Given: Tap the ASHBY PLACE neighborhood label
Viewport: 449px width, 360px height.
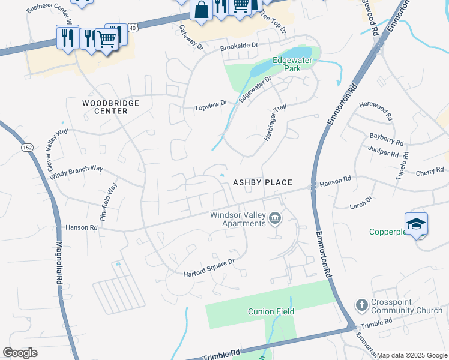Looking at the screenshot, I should [x=262, y=182].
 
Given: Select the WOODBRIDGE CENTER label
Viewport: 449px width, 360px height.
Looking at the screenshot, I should [x=110, y=107].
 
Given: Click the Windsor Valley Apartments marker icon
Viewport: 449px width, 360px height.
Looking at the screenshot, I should [x=275, y=218].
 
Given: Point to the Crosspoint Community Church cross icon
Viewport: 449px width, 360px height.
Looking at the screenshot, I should [x=361, y=305].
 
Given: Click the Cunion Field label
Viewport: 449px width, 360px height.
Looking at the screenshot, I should [x=271, y=311].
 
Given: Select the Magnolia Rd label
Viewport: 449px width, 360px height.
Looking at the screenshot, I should [x=59, y=270].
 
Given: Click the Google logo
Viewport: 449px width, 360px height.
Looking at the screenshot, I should [x=20, y=353].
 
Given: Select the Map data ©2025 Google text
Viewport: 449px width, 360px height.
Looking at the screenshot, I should [x=411, y=355].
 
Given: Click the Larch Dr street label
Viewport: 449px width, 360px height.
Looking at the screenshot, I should [x=361, y=202].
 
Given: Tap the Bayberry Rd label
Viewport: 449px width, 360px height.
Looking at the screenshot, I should [x=385, y=140].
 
